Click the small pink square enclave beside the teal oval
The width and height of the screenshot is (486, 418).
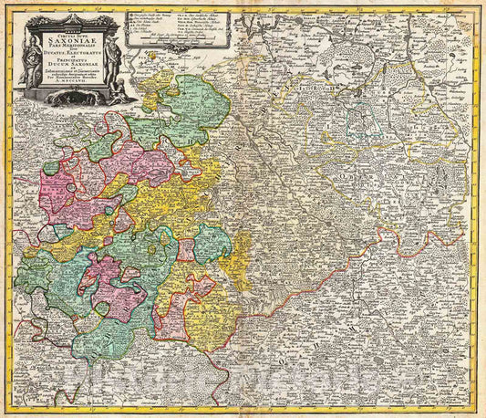pyautogui.click(x=187, y=249)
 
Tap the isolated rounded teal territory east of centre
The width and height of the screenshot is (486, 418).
pyautogui.click(x=212, y=243)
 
